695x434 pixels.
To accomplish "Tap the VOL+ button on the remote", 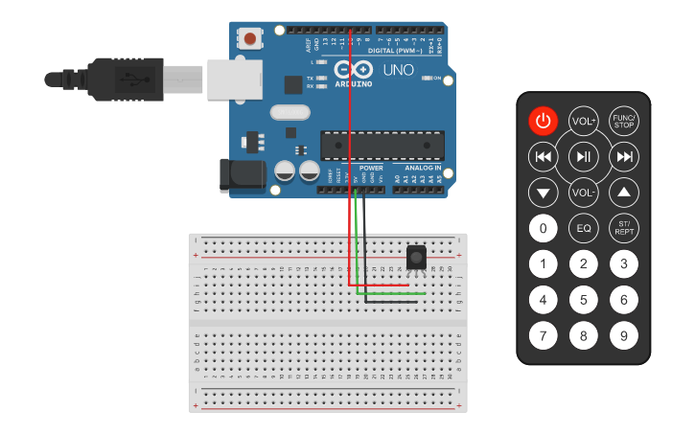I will pyautogui.click(x=583, y=121).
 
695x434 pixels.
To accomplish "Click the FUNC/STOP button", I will pyautogui.click(x=624, y=121).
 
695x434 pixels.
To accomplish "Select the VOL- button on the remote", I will pyautogui.click(x=583, y=193).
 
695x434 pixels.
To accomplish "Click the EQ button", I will pyautogui.click(x=583, y=229).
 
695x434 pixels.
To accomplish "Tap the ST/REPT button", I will pyautogui.click(x=624, y=229).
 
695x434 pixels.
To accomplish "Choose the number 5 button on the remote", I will pyautogui.click(x=583, y=300).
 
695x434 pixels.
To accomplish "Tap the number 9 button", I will pyautogui.click(x=624, y=336).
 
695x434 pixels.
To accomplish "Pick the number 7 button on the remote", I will pyautogui.click(x=543, y=336).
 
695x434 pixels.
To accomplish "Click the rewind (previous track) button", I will pyautogui.click(x=543, y=156).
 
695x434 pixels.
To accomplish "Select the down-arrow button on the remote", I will pyautogui.click(x=543, y=193).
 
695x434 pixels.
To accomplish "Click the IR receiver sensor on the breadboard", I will pyautogui.click(x=416, y=257).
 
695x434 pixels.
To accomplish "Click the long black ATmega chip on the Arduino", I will pyautogui.click(x=382, y=145).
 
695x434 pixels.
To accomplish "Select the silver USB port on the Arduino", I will pyautogui.click(x=233, y=78).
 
